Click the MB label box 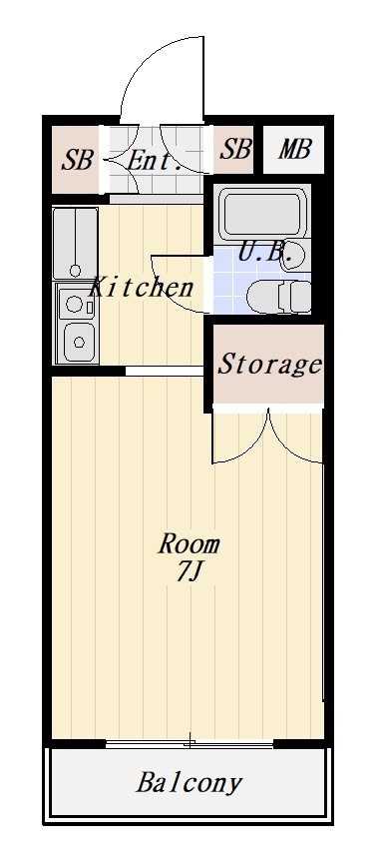(293, 149)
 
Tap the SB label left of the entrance (77, 161)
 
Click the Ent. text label (155, 161)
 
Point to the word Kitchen (142, 287)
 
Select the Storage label (269, 364)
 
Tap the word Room (189, 544)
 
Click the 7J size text (188, 573)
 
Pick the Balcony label (189, 782)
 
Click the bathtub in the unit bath (263, 214)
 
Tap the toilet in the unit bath (279, 296)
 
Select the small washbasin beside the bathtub (293, 256)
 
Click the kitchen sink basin (79, 342)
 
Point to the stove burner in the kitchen (74, 304)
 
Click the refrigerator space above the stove (76, 243)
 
